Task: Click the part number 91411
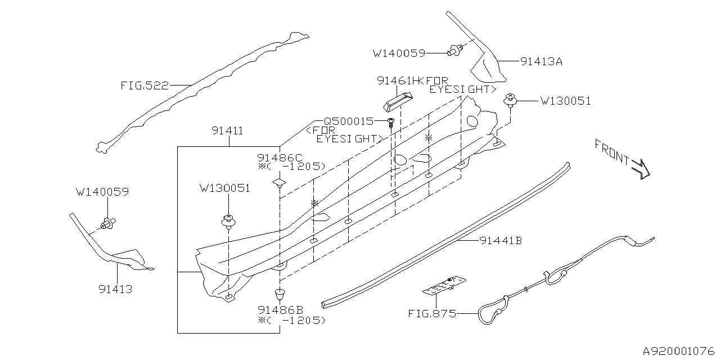[x=227, y=131]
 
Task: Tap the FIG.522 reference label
[x=144, y=86]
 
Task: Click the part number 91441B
[x=501, y=241]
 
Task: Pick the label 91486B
[x=280, y=309]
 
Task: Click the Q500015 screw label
[x=348, y=121]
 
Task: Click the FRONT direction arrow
[x=640, y=167]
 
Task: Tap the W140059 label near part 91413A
[x=399, y=53]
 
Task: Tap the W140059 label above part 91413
[x=102, y=192]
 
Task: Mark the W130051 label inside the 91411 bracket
[x=224, y=188]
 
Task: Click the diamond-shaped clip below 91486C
[x=279, y=183]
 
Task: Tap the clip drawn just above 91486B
[x=279, y=292]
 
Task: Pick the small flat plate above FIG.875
[x=445, y=285]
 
